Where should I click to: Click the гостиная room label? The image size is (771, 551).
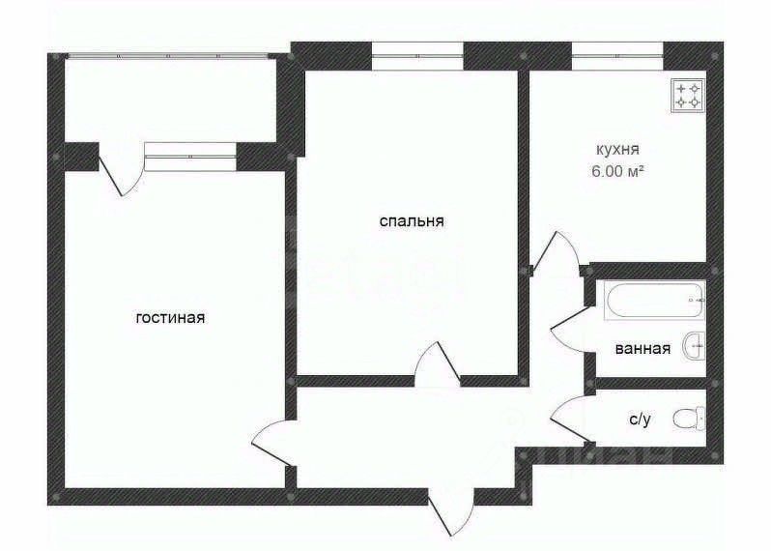pyautogui.click(x=170, y=317)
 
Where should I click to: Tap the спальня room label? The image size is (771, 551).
pyautogui.click(x=412, y=221)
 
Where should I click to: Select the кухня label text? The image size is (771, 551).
pyautogui.click(x=618, y=150)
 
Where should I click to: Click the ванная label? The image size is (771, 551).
pyautogui.click(x=642, y=349)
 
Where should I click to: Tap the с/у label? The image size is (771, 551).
pyautogui.click(x=639, y=419)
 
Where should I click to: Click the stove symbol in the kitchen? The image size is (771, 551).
pyautogui.click(x=689, y=94)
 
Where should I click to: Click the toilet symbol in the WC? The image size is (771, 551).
pyautogui.click(x=689, y=419)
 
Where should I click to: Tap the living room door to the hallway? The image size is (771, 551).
pyautogui.click(x=271, y=445)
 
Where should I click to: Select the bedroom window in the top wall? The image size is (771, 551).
pyautogui.click(x=417, y=54)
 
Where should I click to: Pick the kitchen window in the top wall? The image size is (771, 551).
pyautogui.click(x=615, y=54)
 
